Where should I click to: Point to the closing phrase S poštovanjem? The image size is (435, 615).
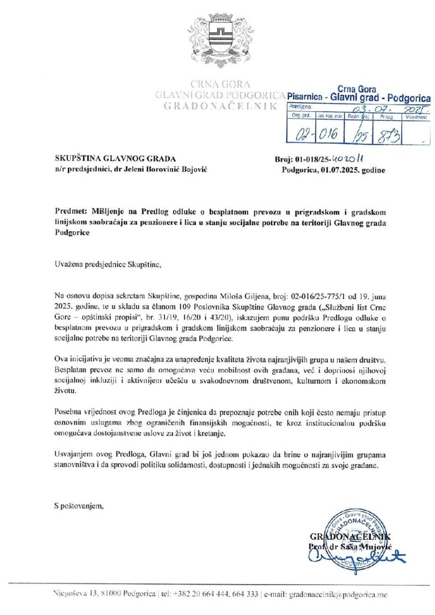pyautogui.click(x=79, y=506)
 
